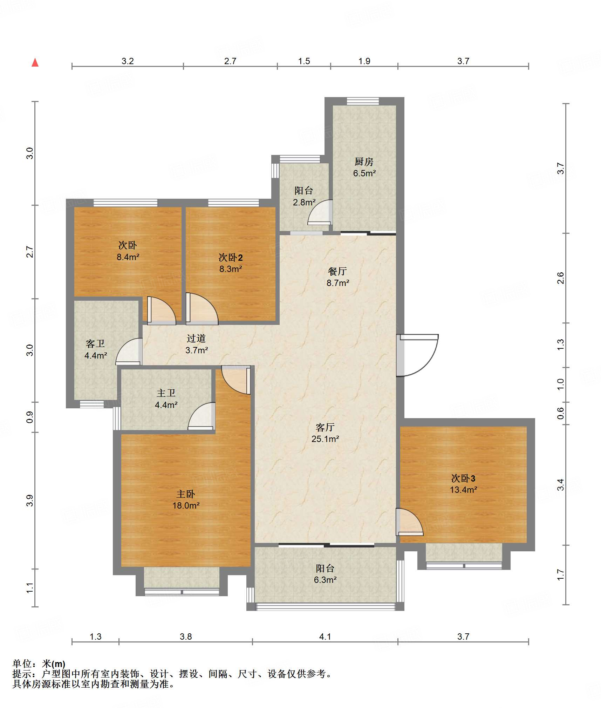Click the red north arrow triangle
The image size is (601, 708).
[35, 62]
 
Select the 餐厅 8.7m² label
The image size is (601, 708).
[337, 277]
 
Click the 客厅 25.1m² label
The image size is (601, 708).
[325, 433]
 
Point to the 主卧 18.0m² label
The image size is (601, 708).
[186, 499]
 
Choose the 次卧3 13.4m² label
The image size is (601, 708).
[463, 484]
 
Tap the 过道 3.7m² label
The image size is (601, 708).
[196, 344]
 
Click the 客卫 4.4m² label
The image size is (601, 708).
[95, 349]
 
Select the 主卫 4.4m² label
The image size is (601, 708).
[166, 399]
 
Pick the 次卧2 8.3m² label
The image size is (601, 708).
[231, 263]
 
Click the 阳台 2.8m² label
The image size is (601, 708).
[304, 196]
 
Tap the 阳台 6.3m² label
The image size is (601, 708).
[325, 574]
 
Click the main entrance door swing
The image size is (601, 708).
[417, 355]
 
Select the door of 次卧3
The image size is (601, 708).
[409, 522]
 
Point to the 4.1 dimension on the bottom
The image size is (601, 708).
[325, 636]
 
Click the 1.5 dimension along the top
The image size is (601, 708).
[304, 61]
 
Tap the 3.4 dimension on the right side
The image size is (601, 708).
[560, 485]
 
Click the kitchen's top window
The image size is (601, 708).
[363, 101]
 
